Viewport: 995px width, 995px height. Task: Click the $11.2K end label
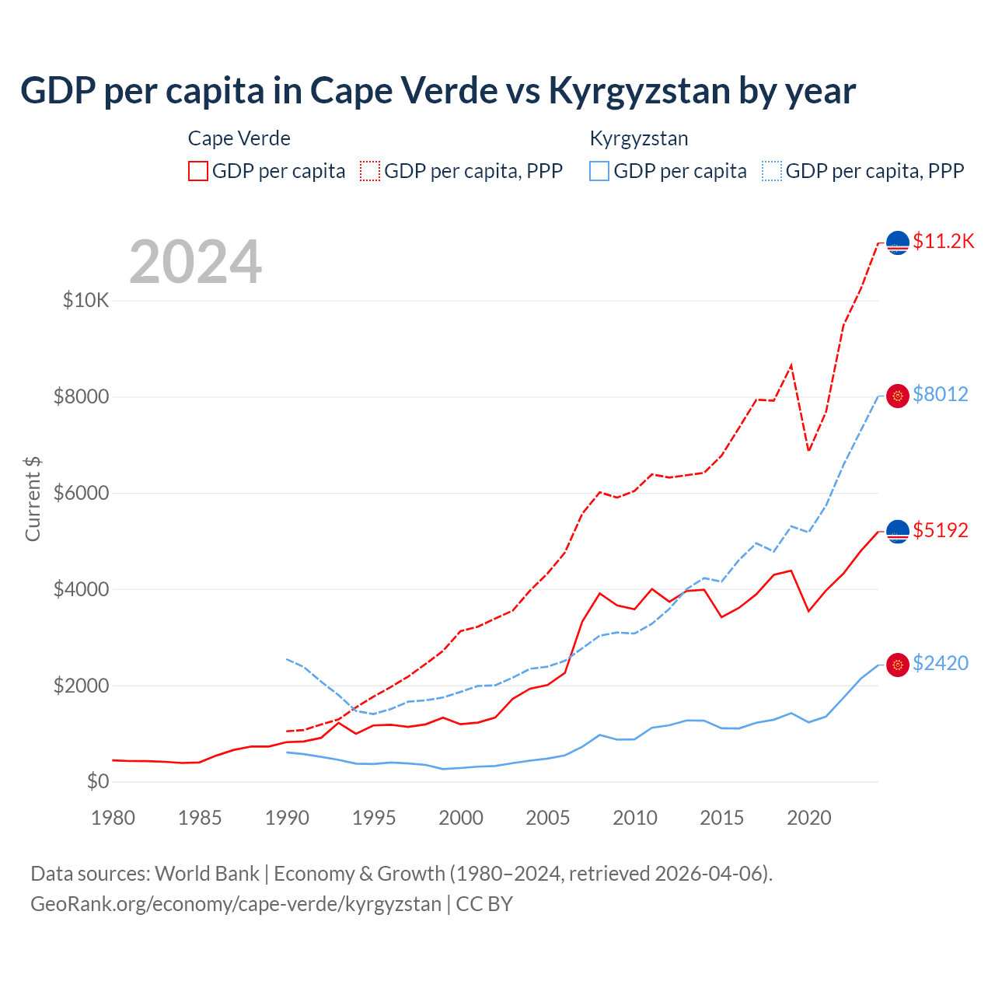pos(943,242)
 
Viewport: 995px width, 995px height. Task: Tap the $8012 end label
pos(941,395)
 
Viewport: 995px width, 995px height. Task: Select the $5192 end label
pos(941,531)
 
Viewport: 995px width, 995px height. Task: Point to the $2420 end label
pos(941,664)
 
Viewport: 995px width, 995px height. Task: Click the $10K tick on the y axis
pos(86,301)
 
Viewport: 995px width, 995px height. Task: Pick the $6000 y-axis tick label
pos(82,494)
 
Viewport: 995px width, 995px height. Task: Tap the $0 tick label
pos(98,782)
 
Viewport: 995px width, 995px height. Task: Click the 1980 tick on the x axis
pos(113,818)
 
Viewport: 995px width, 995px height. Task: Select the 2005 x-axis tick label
pos(548,818)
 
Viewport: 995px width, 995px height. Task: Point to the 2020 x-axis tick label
pos(809,818)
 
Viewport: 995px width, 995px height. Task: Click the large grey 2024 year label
pos(196,262)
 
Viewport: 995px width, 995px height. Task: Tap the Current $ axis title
pos(33,498)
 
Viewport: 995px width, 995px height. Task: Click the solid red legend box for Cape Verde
pos(198,171)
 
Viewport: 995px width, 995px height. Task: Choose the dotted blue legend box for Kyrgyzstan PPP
pos(772,171)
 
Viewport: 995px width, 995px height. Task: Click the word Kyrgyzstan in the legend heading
pos(639,139)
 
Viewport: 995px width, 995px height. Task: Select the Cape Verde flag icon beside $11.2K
pos(898,243)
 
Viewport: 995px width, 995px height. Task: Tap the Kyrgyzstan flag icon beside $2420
pos(898,665)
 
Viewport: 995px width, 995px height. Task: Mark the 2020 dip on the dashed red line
pos(809,450)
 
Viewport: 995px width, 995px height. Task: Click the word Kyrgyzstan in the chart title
pos(640,91)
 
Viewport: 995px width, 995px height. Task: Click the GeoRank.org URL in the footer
pos(236,904)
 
